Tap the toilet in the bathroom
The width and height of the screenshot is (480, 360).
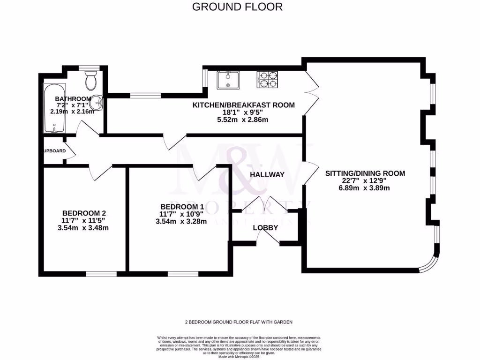91,81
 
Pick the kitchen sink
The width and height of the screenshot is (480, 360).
228,80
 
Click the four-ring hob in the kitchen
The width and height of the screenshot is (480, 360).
267,79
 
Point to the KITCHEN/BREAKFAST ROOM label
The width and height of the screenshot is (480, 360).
244,105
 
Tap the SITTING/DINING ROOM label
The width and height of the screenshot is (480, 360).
365,173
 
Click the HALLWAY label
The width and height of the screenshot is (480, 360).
267,174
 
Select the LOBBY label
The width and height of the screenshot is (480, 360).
266,228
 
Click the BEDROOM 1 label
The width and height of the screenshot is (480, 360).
182,207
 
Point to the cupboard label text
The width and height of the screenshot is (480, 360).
54,151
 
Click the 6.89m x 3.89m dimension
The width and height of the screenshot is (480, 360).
365,188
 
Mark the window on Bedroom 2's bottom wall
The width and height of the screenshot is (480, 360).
101,273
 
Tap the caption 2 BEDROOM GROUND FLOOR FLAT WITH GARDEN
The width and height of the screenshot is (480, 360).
239,322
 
